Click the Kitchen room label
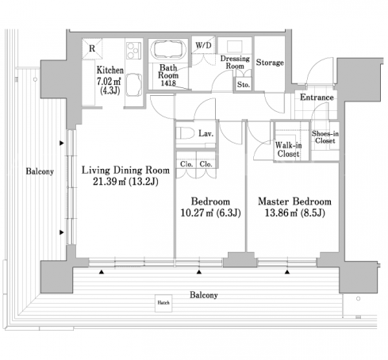(x=110, y=71)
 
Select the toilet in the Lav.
(x=186, y=133)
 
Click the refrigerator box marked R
(x=92, y=48)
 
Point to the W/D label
(x=203, y=45)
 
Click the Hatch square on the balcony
(x=163, y=303)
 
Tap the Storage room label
(x=270, y=63)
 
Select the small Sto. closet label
(x=244, y=85)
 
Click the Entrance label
(x=317, y=98)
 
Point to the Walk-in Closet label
(x=288, y=149)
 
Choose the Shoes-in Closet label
(x=325, y=137)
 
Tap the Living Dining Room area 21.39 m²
(x=109, y=182)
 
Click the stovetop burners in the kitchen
(x=133, y=51)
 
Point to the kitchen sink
(x=134, y=85)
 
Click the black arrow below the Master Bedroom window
(x=287, y=272)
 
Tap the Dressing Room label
(x=235, y=63)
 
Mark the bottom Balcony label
(x=204, y=295)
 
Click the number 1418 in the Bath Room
(x=168, y=83)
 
